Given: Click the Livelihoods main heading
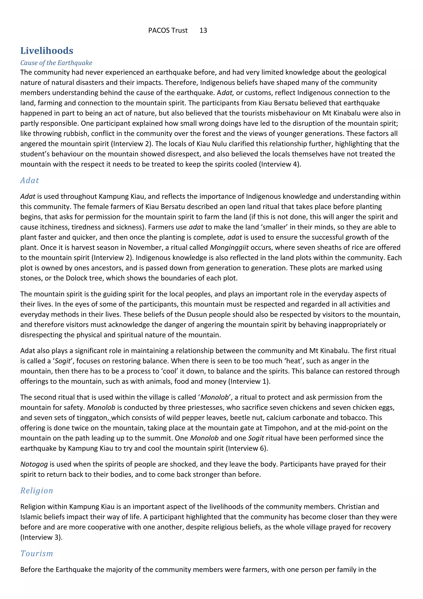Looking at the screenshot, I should (x=47, y=51).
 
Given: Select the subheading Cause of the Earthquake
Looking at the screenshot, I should (x=56, y=63).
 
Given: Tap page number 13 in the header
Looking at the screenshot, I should (x=203, y=31).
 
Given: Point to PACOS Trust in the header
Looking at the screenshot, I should (x=168, y=31).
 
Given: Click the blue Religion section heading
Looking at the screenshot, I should (x=37, y=490).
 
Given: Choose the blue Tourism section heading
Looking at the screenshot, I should (x=37, y=553).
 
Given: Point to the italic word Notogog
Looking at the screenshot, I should (x=34, y=464).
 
